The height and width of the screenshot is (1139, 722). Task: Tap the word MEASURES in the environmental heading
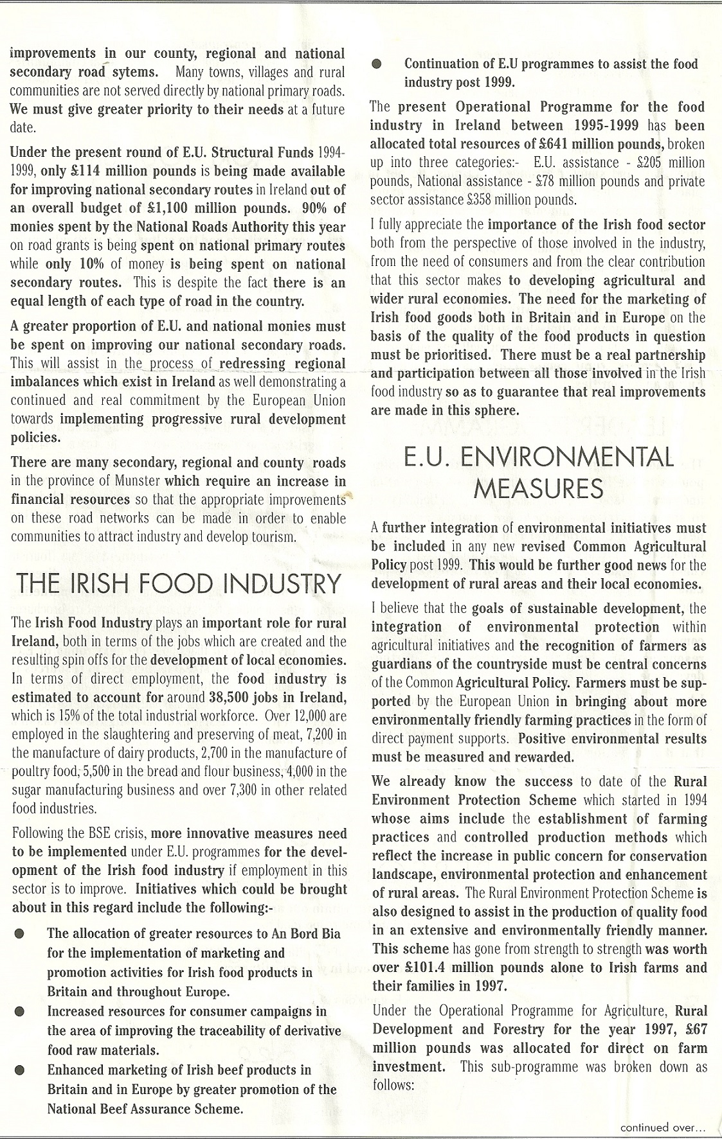(x=538, y=490)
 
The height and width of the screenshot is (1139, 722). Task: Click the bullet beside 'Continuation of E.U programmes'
(x=377, y=64)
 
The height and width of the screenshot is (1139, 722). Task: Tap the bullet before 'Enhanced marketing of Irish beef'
(x=20, y=1070)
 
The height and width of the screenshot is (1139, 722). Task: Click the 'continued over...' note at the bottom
(x=662, y=1127)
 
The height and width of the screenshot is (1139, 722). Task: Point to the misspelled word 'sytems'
(x=134, y=72)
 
